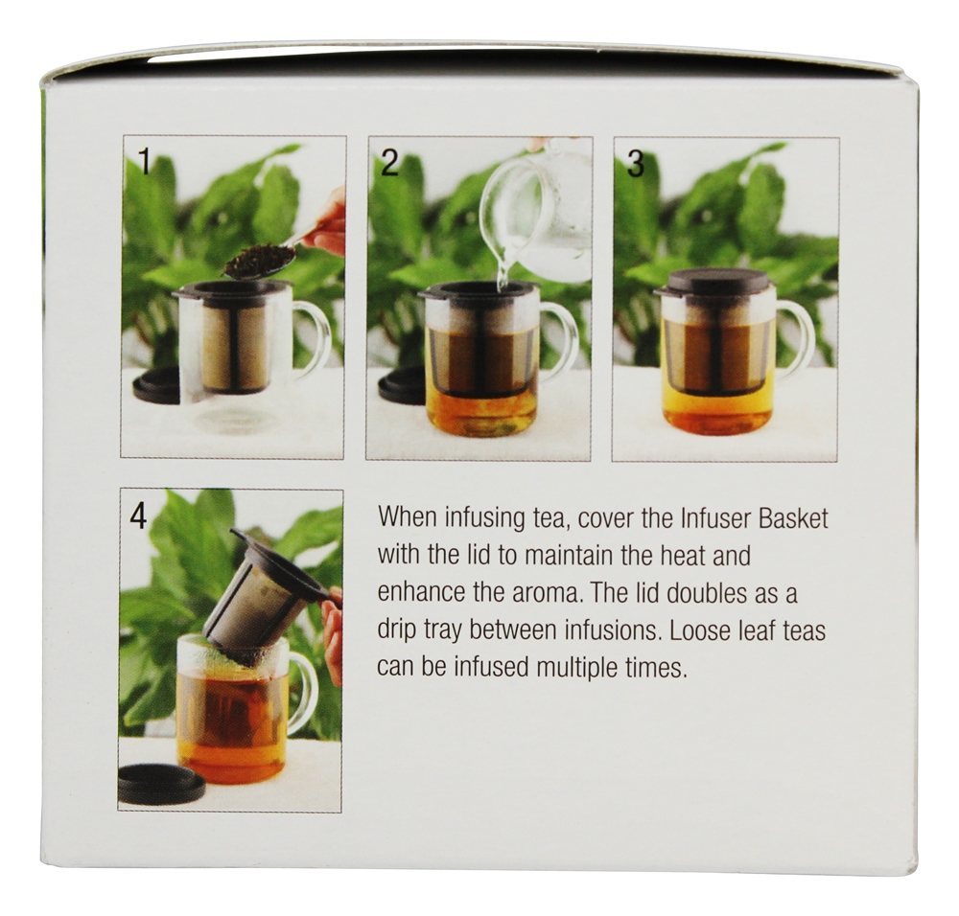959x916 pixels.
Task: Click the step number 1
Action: [x=145, y=161]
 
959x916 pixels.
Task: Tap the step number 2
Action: [x=389, y=163]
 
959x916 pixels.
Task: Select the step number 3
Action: [x=636, y=164]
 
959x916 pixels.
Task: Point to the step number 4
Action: [x=139, y=516]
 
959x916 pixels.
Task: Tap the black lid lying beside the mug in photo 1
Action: [x=156, y=385]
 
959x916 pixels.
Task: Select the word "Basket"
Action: [x=793, y=518]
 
